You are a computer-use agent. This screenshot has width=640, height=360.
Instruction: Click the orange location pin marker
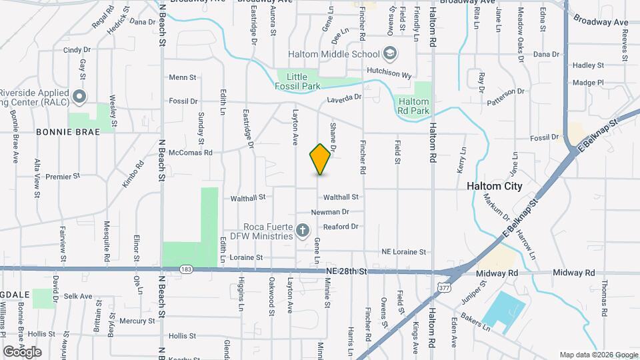[x=320, y=159]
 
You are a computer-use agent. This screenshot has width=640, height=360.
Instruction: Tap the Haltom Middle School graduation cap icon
[x=389, y=54]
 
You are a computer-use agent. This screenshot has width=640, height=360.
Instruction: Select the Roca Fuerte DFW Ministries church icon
[x=303, y=231]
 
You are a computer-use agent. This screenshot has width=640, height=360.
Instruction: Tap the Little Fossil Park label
[x=298, y=81]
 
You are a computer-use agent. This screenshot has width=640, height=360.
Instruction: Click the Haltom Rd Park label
[x=413, y=105]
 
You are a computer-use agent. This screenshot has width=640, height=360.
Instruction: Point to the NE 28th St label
[x=347, y=271]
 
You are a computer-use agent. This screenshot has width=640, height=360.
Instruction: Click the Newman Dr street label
[x=330, y=212]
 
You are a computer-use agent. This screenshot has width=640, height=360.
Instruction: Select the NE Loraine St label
[x=403, y=252]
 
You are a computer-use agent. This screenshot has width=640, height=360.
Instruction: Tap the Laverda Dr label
[x=343, y=97]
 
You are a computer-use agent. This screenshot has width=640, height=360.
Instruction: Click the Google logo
[x=22, y=351]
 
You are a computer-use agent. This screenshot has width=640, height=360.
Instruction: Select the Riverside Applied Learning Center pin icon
[x=79, y=97]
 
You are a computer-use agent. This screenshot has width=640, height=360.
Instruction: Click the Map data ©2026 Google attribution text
[x=598, y=355]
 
